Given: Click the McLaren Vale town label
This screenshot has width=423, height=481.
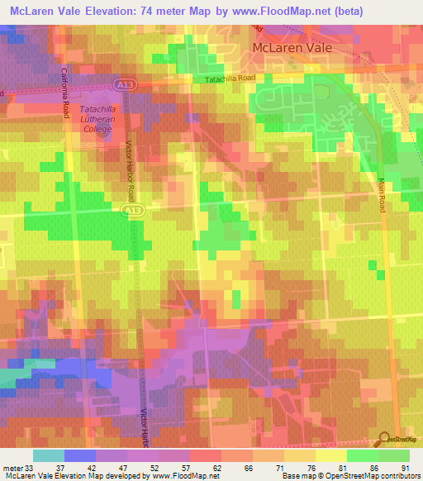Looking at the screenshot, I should click(x=292, y=49).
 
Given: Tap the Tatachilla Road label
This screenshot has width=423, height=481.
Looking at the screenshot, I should click(x=233, y=79).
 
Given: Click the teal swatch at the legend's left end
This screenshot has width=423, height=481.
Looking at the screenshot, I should click(x=49, y=455).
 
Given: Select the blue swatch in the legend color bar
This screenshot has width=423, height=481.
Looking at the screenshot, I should click(x=80, y=455).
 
